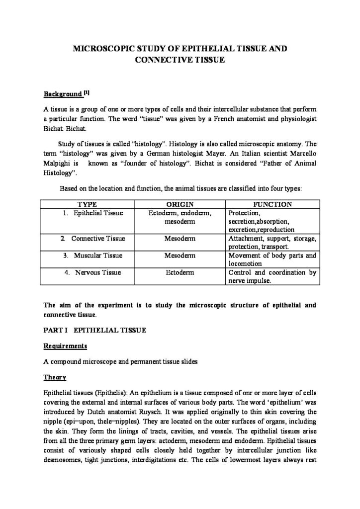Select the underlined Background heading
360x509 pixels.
(62, 94)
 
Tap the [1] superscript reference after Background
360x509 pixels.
(87, 92)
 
